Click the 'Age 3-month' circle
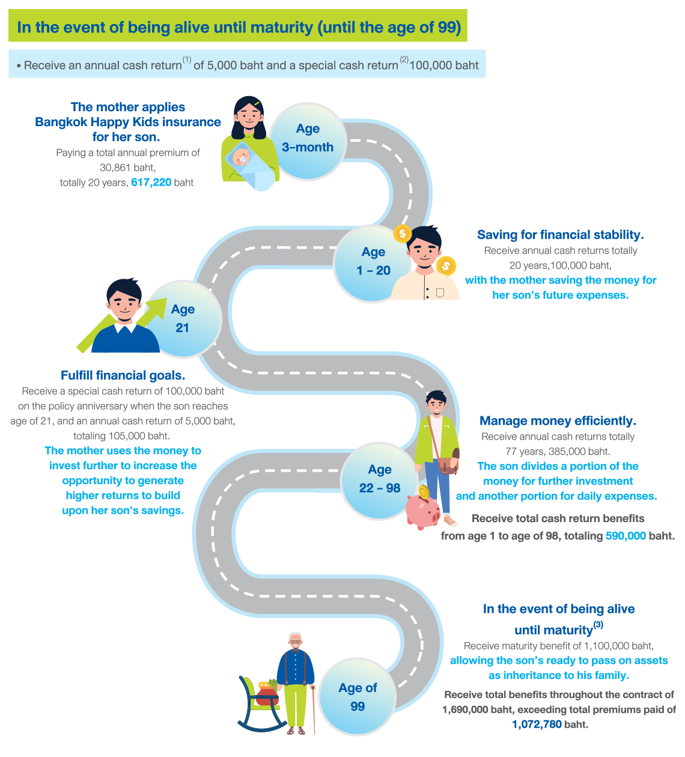308,139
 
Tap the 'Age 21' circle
183,319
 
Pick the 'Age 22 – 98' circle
380,479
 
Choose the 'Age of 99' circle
358,698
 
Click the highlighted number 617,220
151,183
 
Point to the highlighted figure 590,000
626,536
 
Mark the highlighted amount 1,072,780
537,725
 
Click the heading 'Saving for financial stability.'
560,235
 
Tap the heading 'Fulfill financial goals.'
123,375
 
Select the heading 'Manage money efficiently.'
558,421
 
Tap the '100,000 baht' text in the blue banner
444,65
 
